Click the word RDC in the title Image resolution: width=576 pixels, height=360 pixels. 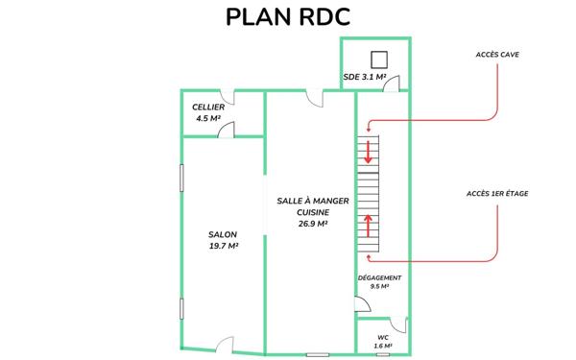[316, 17]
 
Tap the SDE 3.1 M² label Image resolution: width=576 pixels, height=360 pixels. [364, 76]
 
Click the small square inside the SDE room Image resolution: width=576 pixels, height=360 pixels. [377, 57]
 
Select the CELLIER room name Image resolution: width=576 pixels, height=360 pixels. [207, 107]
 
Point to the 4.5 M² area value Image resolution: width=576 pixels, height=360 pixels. [207, 119]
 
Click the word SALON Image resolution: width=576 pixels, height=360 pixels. [223, 234]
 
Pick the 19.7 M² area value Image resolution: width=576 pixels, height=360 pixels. [223, 247]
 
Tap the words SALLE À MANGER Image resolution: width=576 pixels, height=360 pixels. [312, 201]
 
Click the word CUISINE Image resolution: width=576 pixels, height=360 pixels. [312, 212]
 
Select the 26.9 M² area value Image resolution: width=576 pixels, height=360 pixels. [312, 224]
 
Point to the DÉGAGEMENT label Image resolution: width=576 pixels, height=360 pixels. [379, 277]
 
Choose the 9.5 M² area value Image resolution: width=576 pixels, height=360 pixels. [379, 286]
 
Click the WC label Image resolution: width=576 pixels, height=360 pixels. [382, 337]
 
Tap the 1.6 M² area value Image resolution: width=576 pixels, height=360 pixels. [382, 346]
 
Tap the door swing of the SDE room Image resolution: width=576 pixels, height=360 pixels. [392, 84]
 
